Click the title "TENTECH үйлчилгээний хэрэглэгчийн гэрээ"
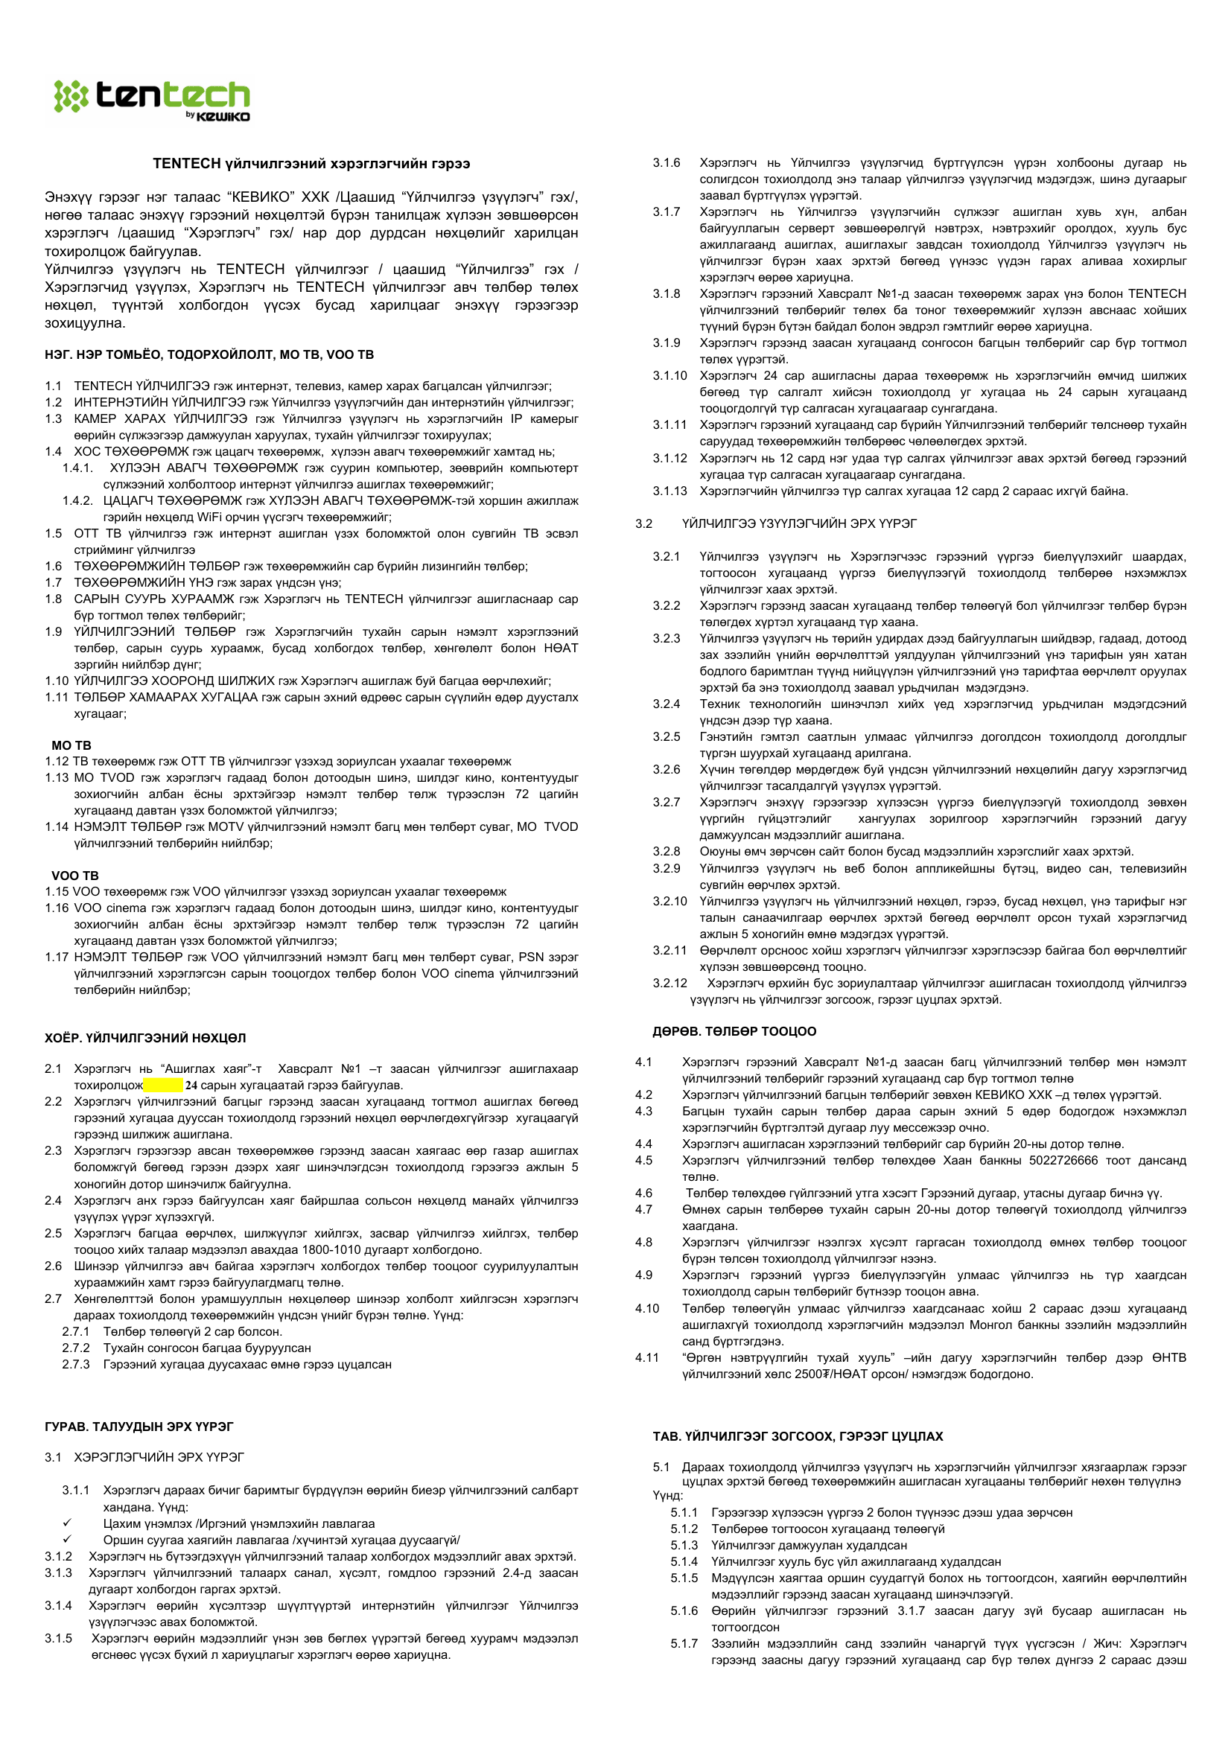[x=311, y=164]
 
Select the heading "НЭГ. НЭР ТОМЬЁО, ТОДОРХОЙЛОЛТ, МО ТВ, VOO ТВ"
[x=209, y=354]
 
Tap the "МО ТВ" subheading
[x=71, y=745]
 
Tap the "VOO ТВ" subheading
[x=75, y=876]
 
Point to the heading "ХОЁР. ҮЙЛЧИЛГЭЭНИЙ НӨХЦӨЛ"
[x=144, y=1037]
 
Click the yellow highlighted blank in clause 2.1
[x=163, y=1086]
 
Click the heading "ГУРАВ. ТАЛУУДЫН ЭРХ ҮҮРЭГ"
[x=139, y=1427]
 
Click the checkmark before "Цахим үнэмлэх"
[x=68, y=1523]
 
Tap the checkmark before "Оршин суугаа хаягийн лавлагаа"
[x=68, y=1539]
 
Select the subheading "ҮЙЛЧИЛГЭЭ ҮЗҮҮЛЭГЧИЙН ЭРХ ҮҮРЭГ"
[x=799, y=523]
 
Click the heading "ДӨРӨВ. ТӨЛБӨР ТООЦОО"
[x=734, y=1031]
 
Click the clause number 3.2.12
[x=669, y=983]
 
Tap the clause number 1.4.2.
[x=77, y=501]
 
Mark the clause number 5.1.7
[x=684, y=1644]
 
